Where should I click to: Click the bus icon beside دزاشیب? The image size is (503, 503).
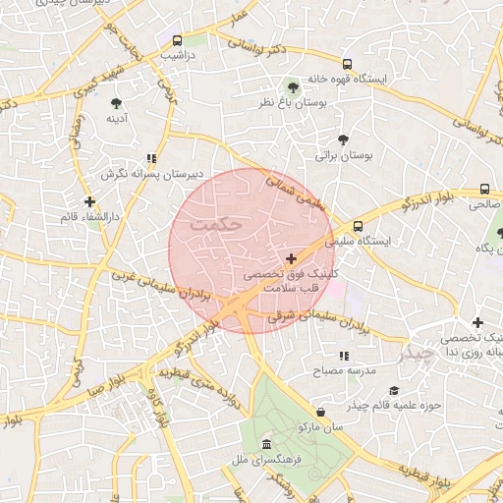pyautogui.click(x=177, y=41)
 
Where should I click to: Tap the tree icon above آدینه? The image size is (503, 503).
pyautogui.click(x=118, y=102)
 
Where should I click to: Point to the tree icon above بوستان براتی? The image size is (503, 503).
pyautogui.click(x=342, y=140)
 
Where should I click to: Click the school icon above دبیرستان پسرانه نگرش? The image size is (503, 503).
pyautogui.click(x=150, y=157)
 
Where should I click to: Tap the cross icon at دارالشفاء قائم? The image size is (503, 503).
pyautogui.click(x=90, y=201)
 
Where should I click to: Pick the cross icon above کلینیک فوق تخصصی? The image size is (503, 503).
pyautogui.click(x=290, y=258)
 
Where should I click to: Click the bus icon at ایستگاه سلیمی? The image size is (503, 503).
pyautogui.click(x=359, y=225)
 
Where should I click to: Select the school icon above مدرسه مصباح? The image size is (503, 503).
pyautogui.click(x=343, y=356)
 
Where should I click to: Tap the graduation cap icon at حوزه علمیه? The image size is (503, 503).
pyautogui.click(x=394, y=390)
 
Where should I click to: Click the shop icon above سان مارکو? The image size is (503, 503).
pyautogui.click(x=320, y=412)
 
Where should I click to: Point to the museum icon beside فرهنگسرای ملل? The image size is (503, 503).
pyautogui.click(x=267, y=444)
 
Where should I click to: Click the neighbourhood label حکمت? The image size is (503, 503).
pyautogui.click(x=217, y=224)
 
